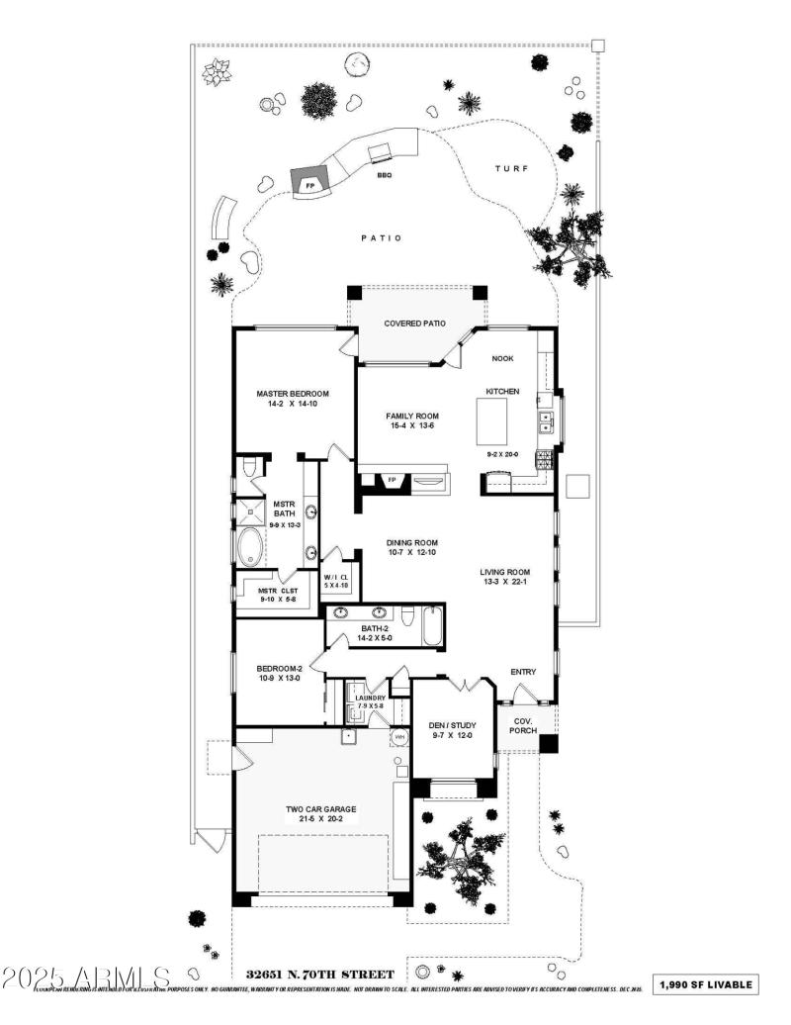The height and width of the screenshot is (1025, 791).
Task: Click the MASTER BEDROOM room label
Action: coord(293,394)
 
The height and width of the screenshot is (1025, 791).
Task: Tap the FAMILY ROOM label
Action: coord(413,417)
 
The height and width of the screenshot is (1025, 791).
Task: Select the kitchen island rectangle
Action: coord(498,422)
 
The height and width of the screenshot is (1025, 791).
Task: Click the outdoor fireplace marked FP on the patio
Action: coord(309,184)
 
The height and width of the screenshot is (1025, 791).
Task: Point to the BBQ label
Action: coord(384,175)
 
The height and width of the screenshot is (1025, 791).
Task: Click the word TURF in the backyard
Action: coord(511,169)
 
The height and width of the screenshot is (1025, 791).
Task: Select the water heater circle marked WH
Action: coord(400,737)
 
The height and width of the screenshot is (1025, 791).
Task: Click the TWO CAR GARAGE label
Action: coord(320,809)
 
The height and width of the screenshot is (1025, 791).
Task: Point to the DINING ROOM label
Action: coord(412,543)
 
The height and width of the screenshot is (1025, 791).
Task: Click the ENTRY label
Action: coord(523,673)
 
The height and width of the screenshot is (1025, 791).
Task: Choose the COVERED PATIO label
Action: coord(414,324)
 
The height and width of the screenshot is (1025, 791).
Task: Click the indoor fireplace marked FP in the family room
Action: coord(392,481)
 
